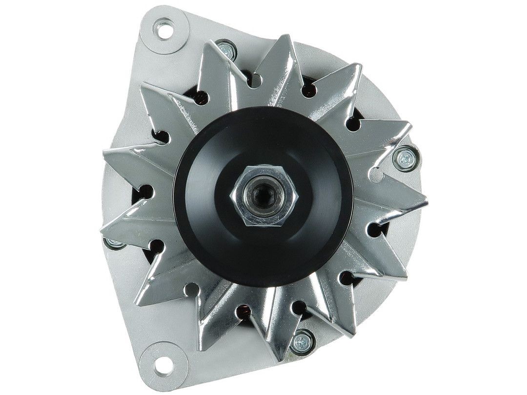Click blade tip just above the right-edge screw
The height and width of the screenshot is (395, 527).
tap(409, 125)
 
